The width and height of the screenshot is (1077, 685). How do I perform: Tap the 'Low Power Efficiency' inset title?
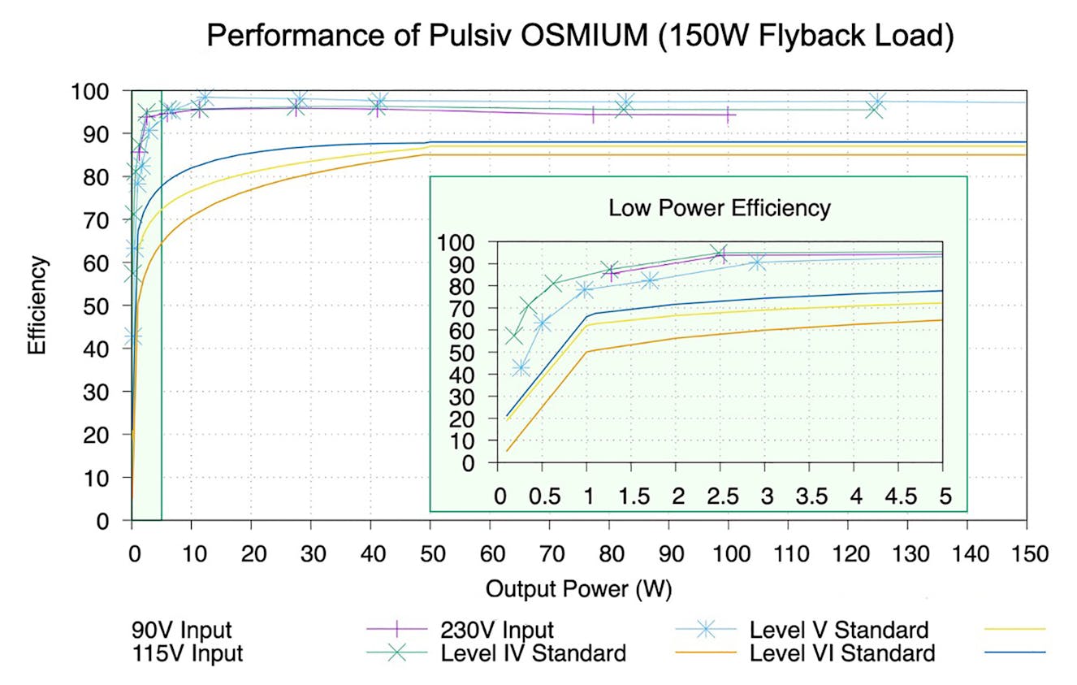(720, 208)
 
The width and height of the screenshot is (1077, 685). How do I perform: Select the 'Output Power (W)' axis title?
(578, 588)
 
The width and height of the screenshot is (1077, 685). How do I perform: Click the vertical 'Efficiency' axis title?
(37, 305)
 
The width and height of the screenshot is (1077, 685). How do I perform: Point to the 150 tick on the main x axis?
(1027, 553)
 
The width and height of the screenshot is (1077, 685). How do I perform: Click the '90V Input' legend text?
(181, 630)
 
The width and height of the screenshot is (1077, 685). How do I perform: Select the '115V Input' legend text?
(187, 652)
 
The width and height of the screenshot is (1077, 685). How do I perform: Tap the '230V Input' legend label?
(497, 630)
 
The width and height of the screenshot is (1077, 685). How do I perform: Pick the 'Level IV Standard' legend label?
(533, 652)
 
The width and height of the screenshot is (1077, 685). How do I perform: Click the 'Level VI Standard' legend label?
(842, 652)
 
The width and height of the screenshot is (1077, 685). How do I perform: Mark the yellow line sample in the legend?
(1014, 629)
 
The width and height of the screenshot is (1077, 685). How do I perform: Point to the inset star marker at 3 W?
(757, 262)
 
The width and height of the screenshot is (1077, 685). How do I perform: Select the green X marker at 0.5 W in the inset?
(553, 284)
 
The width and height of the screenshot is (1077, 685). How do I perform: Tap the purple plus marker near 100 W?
(727, 115)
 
